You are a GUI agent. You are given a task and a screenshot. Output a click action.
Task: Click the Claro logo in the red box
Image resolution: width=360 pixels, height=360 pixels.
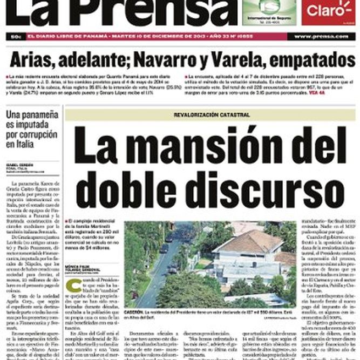click(x=324, y=10)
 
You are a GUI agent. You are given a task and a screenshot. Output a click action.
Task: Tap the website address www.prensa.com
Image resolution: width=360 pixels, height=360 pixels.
click(x=321, y=36)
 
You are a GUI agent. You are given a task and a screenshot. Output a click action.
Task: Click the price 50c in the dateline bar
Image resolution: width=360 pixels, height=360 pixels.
click(x=15, y=36)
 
